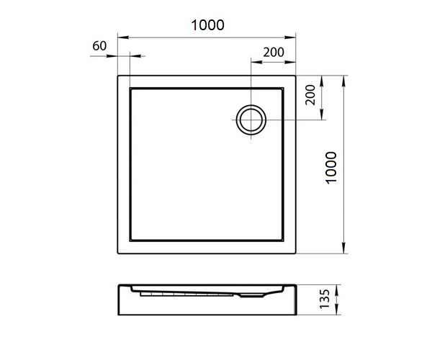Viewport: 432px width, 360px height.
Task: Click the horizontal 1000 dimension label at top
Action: [x=208, y=25]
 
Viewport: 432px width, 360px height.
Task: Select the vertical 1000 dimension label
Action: [x=331, y=168]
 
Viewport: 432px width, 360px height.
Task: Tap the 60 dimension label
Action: [x=99, y=46]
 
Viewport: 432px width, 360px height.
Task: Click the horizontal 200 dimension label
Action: [x=274, y=52]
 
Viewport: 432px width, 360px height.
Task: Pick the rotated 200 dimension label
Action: [x=310, y=95]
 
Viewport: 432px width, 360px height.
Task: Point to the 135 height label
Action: [x=325, y=299]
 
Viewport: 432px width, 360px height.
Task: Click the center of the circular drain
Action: [x=251, y=120]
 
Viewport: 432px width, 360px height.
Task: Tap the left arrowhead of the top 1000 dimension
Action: [x=123, y=37]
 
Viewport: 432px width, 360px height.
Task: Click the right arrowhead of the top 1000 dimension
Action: [x=290, y=37]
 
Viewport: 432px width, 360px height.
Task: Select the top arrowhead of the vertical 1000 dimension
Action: [x=343, y=81]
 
